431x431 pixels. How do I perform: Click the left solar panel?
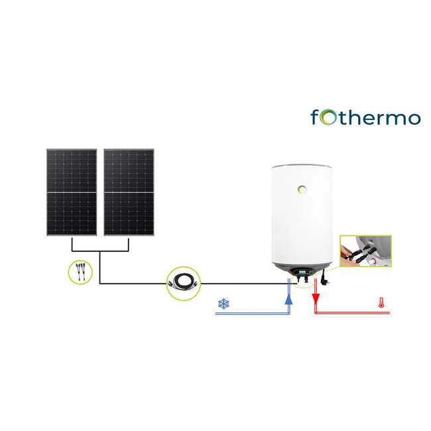pos(72,192)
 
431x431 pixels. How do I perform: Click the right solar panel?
pos(129,192)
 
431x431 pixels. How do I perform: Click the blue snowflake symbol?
pos(223,304)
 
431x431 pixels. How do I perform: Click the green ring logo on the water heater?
pos(302,190)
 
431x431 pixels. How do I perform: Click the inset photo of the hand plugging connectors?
pos(362,251)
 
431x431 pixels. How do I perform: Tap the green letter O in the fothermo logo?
pos(327,117)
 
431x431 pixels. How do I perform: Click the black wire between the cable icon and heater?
pos(239,284)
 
